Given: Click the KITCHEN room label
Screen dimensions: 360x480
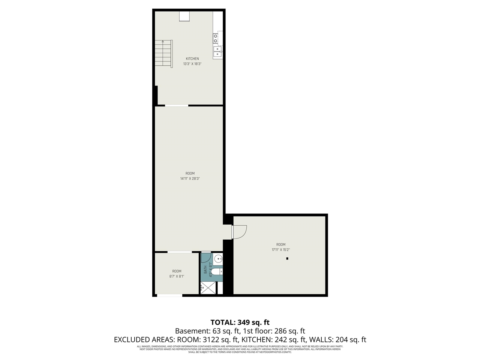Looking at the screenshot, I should (192, 58).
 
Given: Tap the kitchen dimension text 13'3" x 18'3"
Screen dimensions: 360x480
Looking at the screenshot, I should (192, 64).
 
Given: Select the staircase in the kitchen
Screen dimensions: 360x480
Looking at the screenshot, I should (164, 54).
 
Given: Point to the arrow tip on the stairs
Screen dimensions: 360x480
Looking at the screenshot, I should (163, 40).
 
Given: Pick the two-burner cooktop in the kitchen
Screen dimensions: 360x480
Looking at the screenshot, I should (216, 38).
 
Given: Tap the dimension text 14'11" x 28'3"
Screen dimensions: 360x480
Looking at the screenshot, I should (190, 178).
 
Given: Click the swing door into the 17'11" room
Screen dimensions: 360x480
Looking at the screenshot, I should (239, 231).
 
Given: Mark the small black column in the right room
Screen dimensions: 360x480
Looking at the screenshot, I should (287, 258).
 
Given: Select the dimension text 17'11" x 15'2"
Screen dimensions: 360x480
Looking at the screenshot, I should (281, 250).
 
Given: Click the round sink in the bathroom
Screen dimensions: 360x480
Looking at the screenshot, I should (219, 259).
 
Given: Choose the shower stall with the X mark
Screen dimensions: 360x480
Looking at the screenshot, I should (208, 288).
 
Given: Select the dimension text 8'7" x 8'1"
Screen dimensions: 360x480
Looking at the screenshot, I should (177, 276).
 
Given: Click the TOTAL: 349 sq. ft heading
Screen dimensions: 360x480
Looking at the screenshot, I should (240, 322).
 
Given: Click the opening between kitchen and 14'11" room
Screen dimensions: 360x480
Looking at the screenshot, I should (177, 105).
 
